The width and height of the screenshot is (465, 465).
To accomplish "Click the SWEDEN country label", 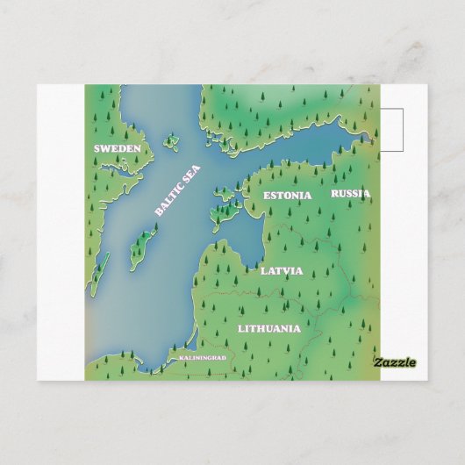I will click(x=117, y=149).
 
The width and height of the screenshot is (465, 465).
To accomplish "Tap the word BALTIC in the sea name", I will click(x=169, y=199).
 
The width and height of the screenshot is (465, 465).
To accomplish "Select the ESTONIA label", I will click(x=287, y=195).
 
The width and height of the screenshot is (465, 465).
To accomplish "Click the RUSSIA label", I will click(x=350, y=193).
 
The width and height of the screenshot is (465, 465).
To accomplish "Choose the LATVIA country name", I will click(x=281, y=271).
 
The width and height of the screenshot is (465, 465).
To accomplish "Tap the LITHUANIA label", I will click(x=268, y=329).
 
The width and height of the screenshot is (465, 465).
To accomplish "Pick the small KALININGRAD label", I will click(x=202, y=359).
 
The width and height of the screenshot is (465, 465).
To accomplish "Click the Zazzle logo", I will click(x=395, y=362).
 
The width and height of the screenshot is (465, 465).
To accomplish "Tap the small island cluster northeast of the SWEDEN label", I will click(x=171, y=139).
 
